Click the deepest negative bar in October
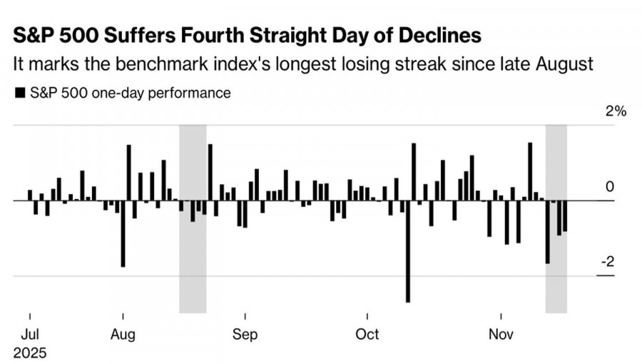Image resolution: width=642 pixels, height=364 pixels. pos(408,251)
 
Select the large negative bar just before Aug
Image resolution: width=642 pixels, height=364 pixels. pos(123,233)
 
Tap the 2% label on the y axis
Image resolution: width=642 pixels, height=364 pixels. pos(616,112)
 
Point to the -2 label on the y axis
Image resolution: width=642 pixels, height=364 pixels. pos(607,262)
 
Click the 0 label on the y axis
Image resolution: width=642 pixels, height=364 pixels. pos(610,187)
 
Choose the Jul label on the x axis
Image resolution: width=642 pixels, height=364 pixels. pos(29,334)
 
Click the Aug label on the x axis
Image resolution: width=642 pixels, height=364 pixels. pos(123,334)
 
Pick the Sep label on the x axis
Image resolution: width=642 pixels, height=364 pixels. pos(245,334)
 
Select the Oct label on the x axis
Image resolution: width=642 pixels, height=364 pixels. pos(367,334)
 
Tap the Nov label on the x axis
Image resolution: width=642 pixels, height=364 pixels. pos(501,334)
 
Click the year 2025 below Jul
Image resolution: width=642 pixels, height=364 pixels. pos(29,353)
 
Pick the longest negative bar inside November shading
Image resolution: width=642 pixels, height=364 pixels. pos(548,232)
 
